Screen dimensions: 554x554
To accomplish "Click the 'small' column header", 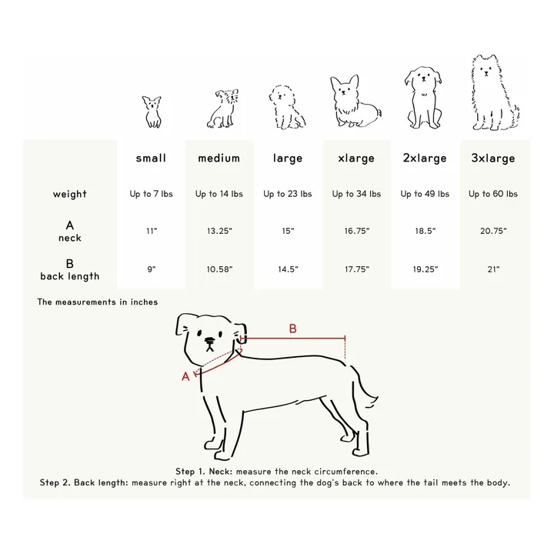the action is click(x=151, y=158).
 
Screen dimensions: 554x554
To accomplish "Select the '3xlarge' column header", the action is click(x=493, y=159).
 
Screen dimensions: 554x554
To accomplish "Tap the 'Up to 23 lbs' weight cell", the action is click(x=288, y=194).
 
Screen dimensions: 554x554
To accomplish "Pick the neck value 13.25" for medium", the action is click(x=219, y=231).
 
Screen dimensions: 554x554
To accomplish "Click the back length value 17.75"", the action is click(x=357, y=269).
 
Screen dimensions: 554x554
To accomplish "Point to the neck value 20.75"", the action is click(x=493, y=231).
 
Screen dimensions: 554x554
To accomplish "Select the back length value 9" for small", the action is click(x=152, y=269).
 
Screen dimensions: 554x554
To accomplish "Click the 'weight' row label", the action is click(x=69, y=194).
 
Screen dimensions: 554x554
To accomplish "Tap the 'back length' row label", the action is click(x=69, y=276).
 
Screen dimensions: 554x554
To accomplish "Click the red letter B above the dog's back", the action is click(x=292, y=329).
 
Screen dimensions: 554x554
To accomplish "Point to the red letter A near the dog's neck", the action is click(x=185, y=376).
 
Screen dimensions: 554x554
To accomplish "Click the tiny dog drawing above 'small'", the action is click(x=152, y=112).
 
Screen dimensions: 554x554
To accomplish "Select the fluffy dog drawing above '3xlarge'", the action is click(x=496, y=92).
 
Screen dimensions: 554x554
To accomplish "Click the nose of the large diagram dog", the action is click(x=210, y=341).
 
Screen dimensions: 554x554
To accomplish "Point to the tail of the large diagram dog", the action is click(x=364, y=389).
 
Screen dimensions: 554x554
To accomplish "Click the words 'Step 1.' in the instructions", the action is click(x=190, y=472).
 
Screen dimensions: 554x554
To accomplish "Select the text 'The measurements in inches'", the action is click(x=98, y=302).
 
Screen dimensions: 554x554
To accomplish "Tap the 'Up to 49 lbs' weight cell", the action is click(x=425, y=194).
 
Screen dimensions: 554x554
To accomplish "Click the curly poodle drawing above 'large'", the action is click(x=287, y=107).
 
